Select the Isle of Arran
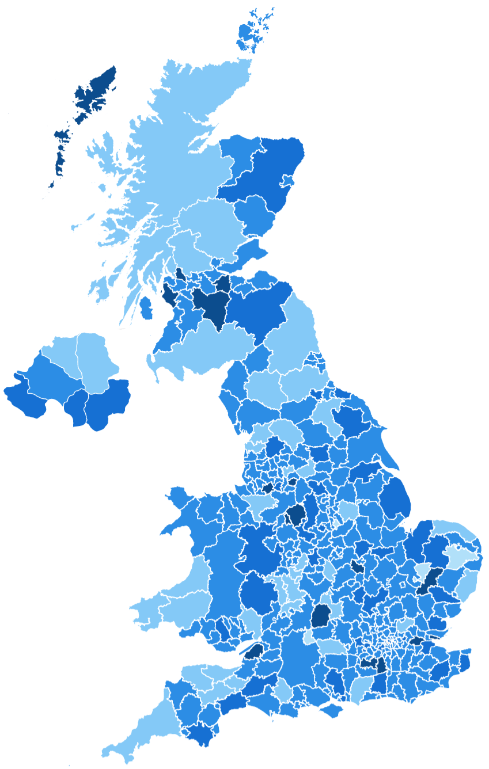pyautogui.click(x=146, y=308)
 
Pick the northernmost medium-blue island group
pyautogui.click(x=253, y=29)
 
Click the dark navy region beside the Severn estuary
pyautogui.click(x=253, y=651)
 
